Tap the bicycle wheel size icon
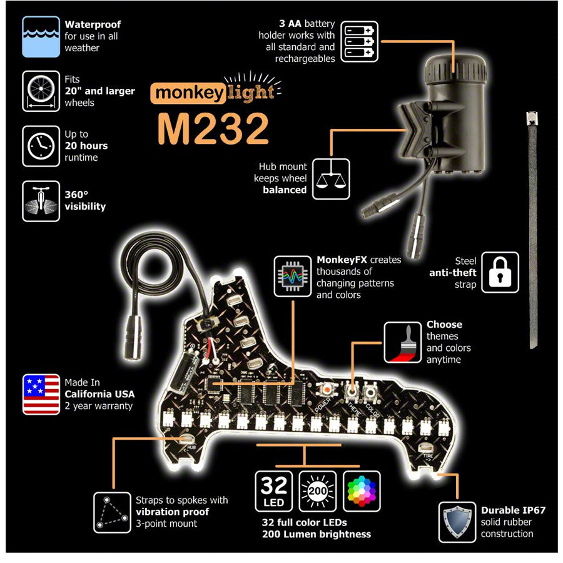[x=41, y=91]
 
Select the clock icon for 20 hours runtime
[x=41, y=146]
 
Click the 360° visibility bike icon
[x=41, y=201]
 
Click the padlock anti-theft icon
[x=500, y=272]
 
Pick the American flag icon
[x=41, y=394]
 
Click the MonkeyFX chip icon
[x=292, y=275]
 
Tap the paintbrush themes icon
[x=402, y=342]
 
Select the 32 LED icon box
[x=274, y=491]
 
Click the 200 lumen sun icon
[x=318, y=491]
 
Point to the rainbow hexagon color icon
[x=362, y=491]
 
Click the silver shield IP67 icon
[x=457, y=520]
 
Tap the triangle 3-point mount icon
[x=113, y=512]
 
